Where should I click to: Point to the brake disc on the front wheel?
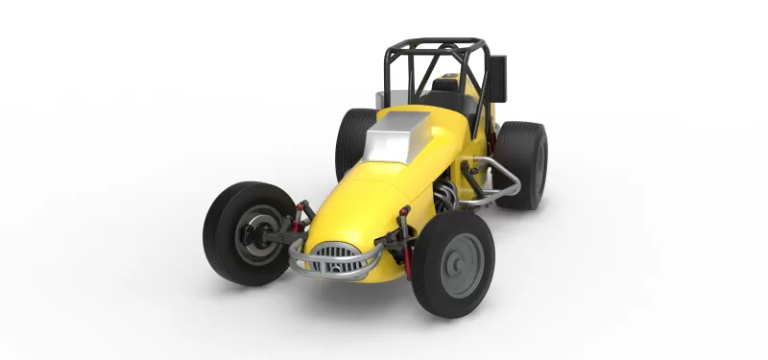point(255,232)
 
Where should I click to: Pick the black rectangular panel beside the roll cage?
point(496,79)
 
